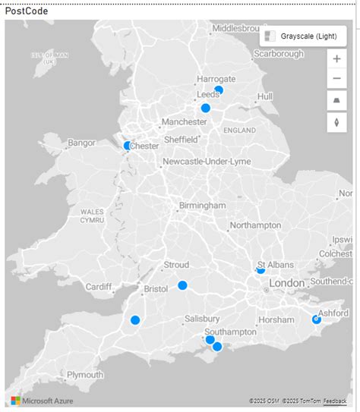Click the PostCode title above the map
point(27,11)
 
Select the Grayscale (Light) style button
point(302,36)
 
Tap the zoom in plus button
point(336,59)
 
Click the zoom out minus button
point(336,79)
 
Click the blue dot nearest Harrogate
point(219,90)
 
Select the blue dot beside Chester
point(128,146)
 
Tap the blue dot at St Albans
point(261,269)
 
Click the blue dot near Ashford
point(317,319)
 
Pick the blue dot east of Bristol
point(182,285)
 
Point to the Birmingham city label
point(202,206)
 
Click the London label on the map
point(286,283)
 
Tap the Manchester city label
point(184,121)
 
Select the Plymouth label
point(85,375)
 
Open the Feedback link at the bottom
point(334,401)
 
